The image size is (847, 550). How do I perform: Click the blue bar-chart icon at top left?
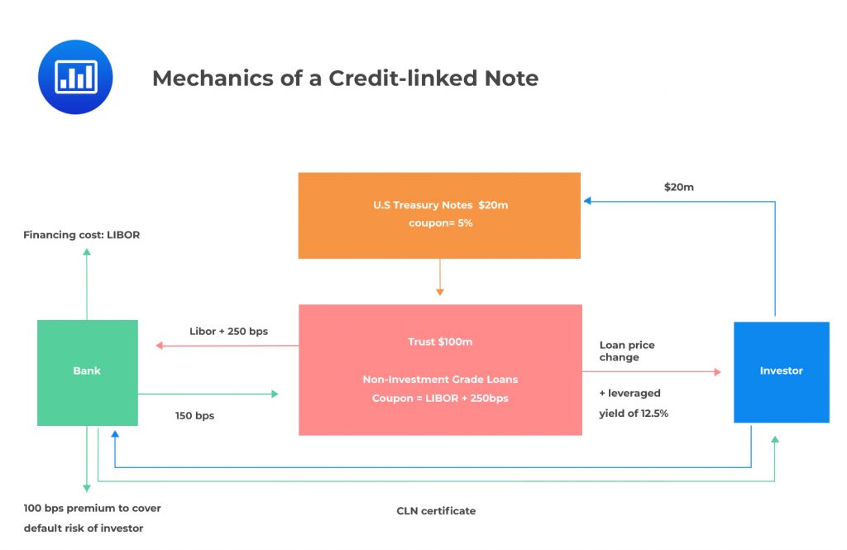tap(75, 77)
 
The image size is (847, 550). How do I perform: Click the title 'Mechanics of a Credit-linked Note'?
tap(345, 78)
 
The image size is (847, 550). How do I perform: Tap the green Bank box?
tap(87, 371)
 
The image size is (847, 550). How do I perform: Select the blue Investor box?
tap(781, 371)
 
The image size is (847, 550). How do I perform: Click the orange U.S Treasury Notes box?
tap(439, 215)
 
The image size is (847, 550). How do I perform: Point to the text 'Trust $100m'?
tap(440, 342)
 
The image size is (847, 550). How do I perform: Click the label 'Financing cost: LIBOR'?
tap(81, 235)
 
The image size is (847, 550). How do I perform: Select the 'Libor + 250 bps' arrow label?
tap(228, 332)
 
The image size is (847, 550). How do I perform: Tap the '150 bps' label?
tap(194, 415)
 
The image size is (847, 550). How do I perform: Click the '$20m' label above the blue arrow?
tap(679, 187)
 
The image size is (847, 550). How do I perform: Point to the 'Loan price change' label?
tap(626, 351)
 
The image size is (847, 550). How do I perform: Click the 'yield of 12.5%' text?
tap(634, 413)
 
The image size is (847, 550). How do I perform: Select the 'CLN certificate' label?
tap(436, 510)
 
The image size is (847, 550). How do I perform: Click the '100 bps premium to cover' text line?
tap(92, 508)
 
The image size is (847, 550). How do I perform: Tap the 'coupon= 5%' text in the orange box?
tap(440, 223)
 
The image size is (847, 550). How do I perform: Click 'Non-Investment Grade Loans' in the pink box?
tap(440, 380)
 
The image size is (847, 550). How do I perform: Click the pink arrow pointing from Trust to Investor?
tap(653, 372)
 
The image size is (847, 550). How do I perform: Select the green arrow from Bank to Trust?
tap(207, 395)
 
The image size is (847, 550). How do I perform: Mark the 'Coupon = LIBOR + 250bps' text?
tap(440, 398)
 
